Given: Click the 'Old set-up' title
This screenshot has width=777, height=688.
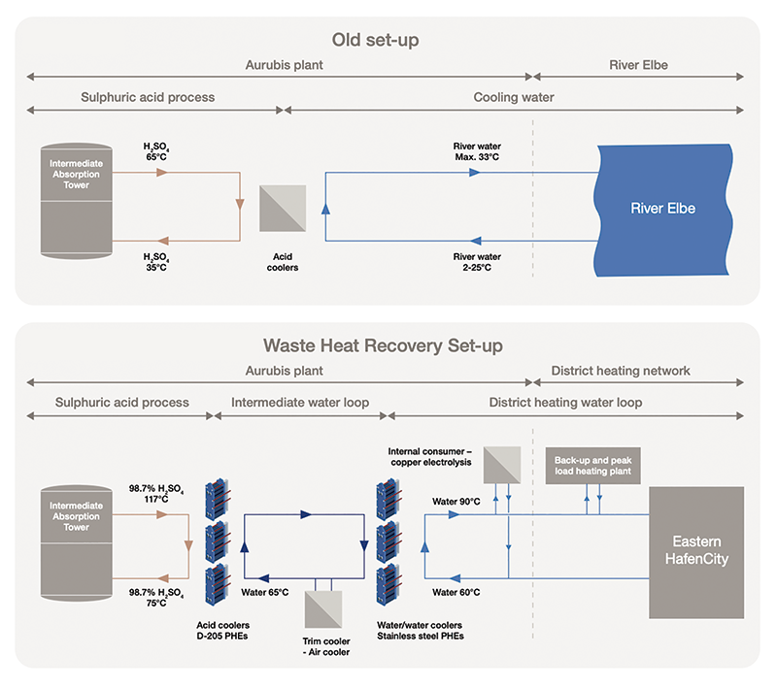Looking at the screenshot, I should click(x=388, y=41).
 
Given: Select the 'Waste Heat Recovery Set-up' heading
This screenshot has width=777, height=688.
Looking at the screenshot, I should click(x=388, y=345).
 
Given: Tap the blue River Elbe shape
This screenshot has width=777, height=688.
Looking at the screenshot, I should click(x=662, y=208).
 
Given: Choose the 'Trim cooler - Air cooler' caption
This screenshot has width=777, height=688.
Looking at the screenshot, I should click(x=327, y=645).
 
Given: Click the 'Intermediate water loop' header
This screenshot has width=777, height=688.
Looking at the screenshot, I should click(x=299, y=402).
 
